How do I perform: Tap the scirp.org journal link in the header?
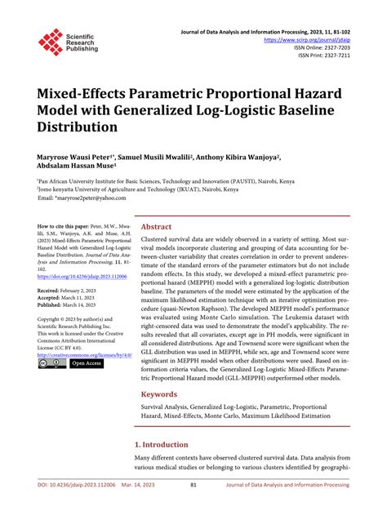pos(318,38)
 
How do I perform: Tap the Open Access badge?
pos(87,364)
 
